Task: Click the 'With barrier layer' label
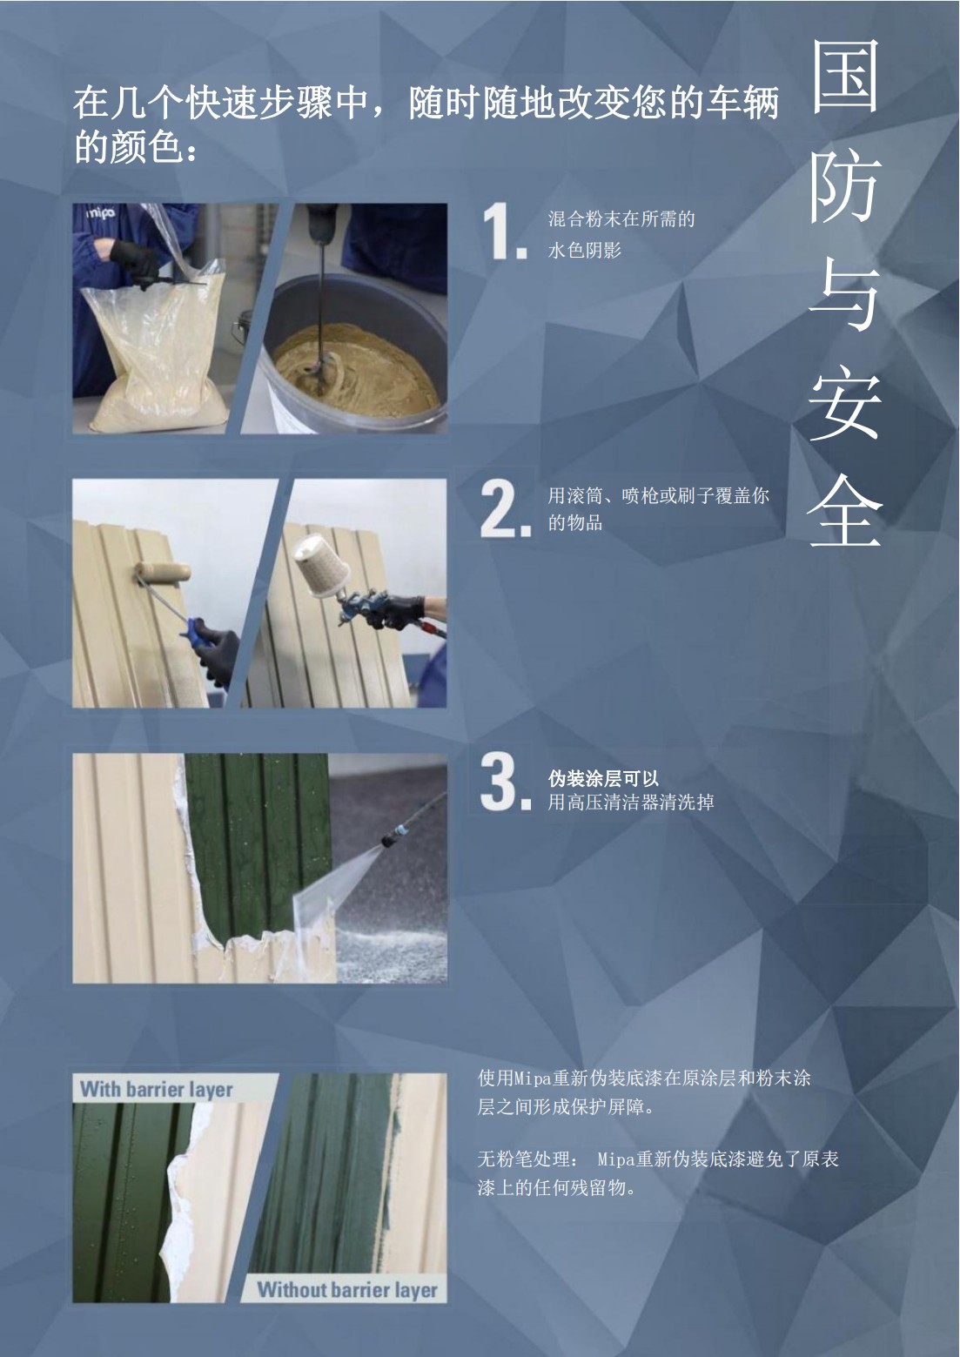point(157,1089)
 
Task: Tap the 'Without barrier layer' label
point(347,1290)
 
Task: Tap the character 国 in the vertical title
point(844,77)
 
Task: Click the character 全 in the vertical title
point(844,511)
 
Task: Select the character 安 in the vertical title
point(844,404)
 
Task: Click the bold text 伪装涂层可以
point(603,778)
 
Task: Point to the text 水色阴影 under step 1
point(585,250)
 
